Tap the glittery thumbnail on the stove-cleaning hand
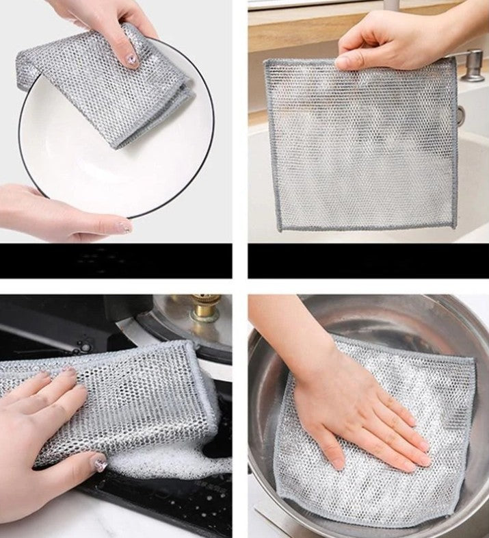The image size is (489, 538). (101, 463)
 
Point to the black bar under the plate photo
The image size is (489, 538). (116, 260)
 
